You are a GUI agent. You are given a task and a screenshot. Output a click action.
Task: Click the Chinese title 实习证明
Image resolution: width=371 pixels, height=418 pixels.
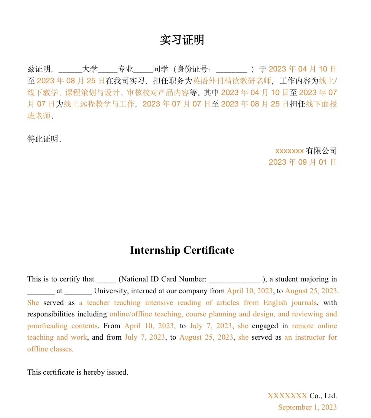point(182,40)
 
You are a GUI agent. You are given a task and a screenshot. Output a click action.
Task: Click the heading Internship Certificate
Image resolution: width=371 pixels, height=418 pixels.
point(182,250)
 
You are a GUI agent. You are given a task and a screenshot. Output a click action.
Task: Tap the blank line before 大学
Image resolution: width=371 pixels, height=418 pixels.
point(70,70)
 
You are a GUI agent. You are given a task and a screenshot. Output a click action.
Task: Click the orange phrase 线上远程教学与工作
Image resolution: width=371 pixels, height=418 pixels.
point(100,104)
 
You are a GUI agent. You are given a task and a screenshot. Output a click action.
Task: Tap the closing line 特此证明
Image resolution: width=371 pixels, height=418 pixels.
point(44,139)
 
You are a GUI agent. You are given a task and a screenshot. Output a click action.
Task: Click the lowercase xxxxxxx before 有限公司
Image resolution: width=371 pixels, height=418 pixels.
point(289,151)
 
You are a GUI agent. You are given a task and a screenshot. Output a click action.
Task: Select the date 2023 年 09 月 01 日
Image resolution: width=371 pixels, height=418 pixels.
point(303,162)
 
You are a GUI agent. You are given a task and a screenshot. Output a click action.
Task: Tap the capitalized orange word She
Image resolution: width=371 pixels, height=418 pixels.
point(33,303)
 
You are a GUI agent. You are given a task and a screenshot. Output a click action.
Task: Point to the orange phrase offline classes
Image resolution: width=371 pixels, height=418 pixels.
point(49,349)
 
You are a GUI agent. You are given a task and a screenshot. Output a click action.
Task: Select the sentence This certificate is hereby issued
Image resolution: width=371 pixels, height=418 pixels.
point(78,372)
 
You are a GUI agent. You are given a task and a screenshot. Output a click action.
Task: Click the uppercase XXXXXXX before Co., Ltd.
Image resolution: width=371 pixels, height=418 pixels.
point(287,396)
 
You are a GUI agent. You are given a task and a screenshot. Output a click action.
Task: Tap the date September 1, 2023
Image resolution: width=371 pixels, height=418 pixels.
point(307,407)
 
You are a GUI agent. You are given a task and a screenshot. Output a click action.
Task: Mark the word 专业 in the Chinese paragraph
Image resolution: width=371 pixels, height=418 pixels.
point(125,69)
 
